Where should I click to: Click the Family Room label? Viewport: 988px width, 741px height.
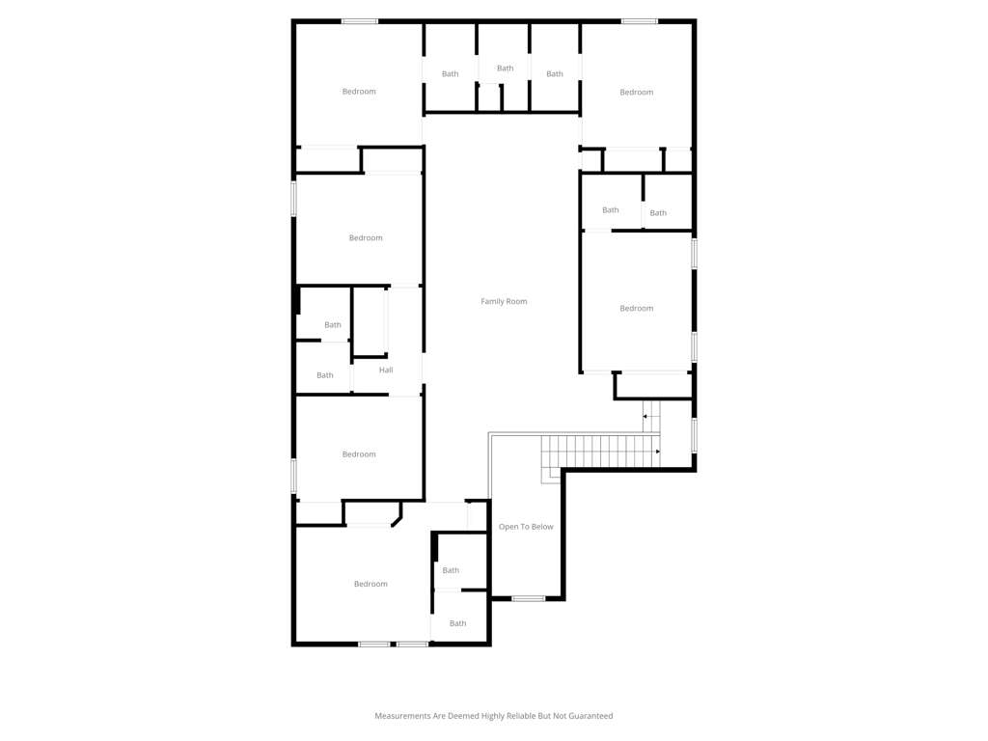point(504,301)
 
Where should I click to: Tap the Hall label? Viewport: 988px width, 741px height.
point(386,370)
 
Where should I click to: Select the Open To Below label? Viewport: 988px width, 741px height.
point(526,527)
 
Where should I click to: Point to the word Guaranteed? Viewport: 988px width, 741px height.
point(590,716)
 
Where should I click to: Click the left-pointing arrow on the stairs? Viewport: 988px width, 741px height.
point(645,417)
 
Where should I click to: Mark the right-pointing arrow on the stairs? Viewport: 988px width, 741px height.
point(658,452)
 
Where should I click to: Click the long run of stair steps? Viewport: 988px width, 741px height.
point(600,452)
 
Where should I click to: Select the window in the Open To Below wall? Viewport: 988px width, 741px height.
point(528,598)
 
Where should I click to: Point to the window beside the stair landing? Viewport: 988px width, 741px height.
point(695,435)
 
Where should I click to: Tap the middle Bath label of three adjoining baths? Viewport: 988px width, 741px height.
point(506,69)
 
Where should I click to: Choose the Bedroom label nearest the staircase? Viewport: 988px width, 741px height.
point(637,308)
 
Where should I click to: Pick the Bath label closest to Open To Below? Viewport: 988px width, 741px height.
point(451,570)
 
